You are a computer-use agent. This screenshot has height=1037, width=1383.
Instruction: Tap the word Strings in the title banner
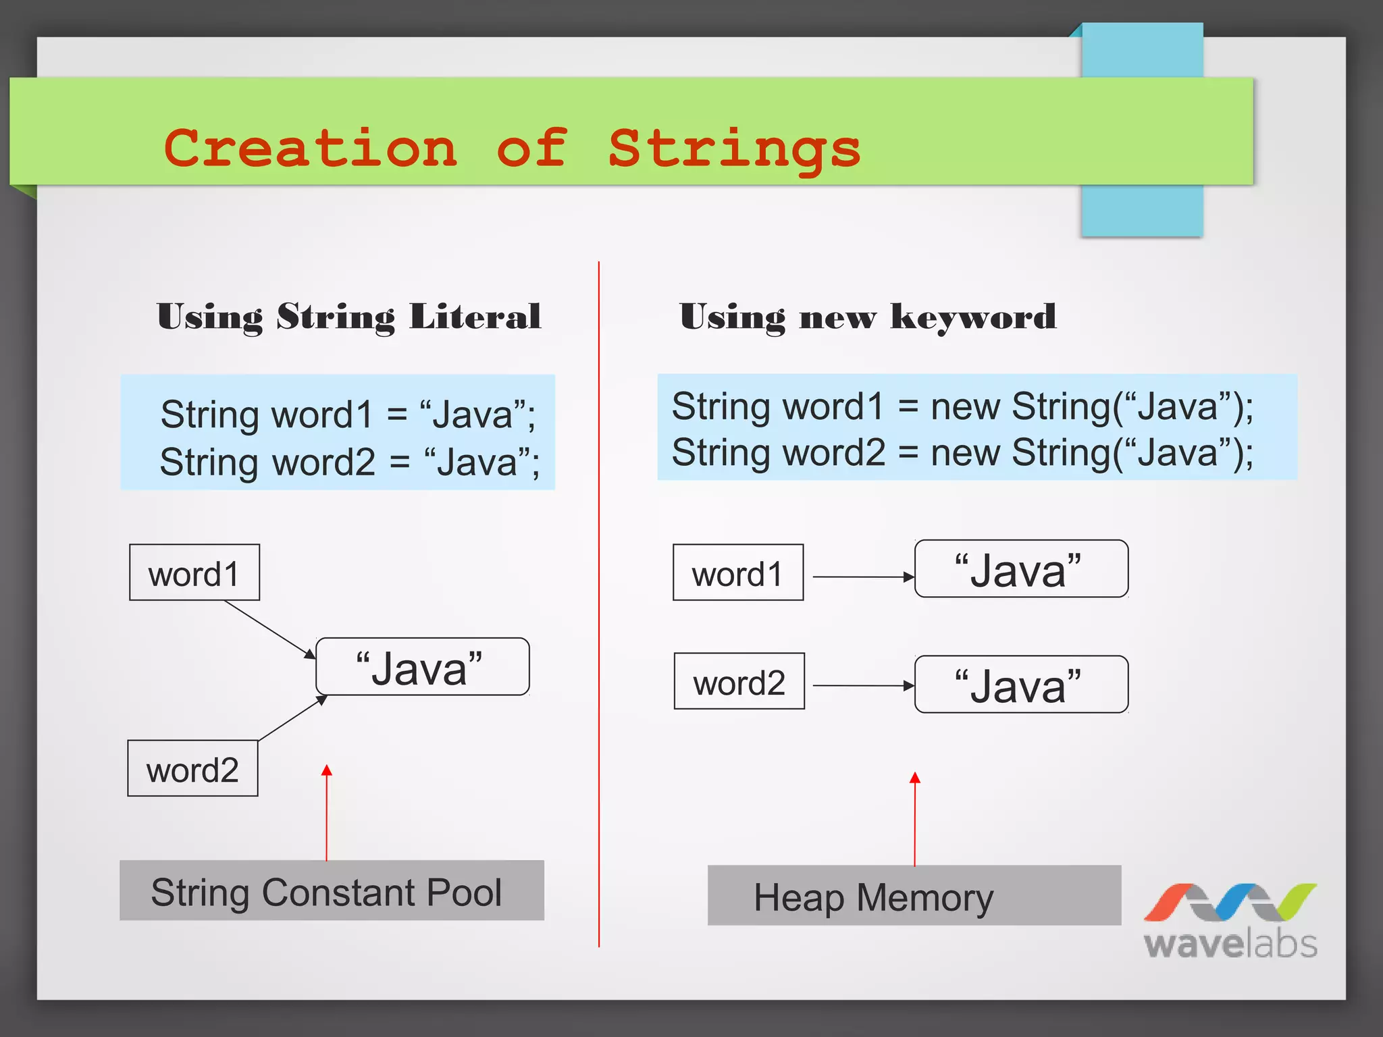click(734, 149)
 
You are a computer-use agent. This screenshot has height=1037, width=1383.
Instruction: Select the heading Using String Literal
click(348, 317)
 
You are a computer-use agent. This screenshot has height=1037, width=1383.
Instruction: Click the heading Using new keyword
click(867, 317)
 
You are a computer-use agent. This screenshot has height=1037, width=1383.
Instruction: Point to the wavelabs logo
click(1230, 921)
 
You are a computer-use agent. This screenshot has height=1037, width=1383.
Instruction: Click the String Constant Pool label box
click(332, 891)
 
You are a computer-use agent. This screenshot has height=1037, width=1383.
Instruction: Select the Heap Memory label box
click(914, 897)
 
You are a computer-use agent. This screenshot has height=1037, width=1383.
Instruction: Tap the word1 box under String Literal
click(194, 573)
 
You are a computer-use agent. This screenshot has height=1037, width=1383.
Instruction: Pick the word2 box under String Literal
click(193, 769)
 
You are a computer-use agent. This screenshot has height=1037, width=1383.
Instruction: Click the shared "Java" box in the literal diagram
click(422, 667)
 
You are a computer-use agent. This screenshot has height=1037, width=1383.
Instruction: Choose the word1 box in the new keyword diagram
click(738, 573)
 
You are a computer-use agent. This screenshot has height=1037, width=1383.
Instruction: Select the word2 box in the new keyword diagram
click(739, 682)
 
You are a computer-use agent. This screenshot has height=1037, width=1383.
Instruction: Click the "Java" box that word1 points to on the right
click(1020, 569)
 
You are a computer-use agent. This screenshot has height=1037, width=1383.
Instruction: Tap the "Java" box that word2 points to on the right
click(1020, 685)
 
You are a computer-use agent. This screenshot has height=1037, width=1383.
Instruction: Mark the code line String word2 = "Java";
click(349, 462)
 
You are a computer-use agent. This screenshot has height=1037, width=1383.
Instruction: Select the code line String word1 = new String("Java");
click(962, 407)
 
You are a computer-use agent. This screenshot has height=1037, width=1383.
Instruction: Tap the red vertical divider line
click(599, 608)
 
